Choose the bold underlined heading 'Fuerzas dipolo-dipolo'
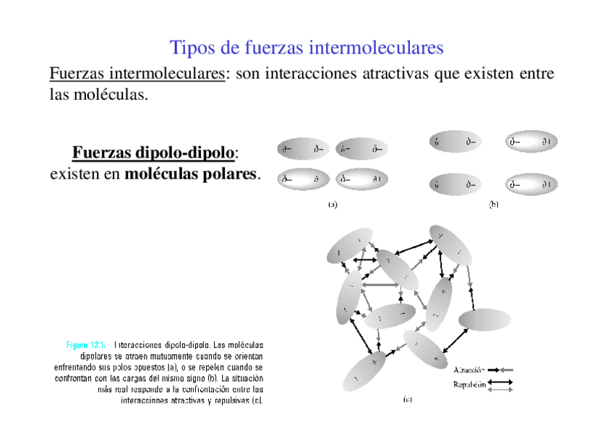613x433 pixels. tap(153, 153)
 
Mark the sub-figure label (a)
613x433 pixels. tap(332, 205)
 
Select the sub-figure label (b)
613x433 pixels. tap(494, 205)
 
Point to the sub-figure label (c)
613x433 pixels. tap(407, 398)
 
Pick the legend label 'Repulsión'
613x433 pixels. tap(469, 385)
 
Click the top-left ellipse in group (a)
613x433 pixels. tap(303, 150)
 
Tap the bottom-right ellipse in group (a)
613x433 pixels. tap(361, 179)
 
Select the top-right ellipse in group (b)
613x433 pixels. tap(531, 142)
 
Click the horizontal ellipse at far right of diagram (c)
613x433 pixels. tap(484, 320)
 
